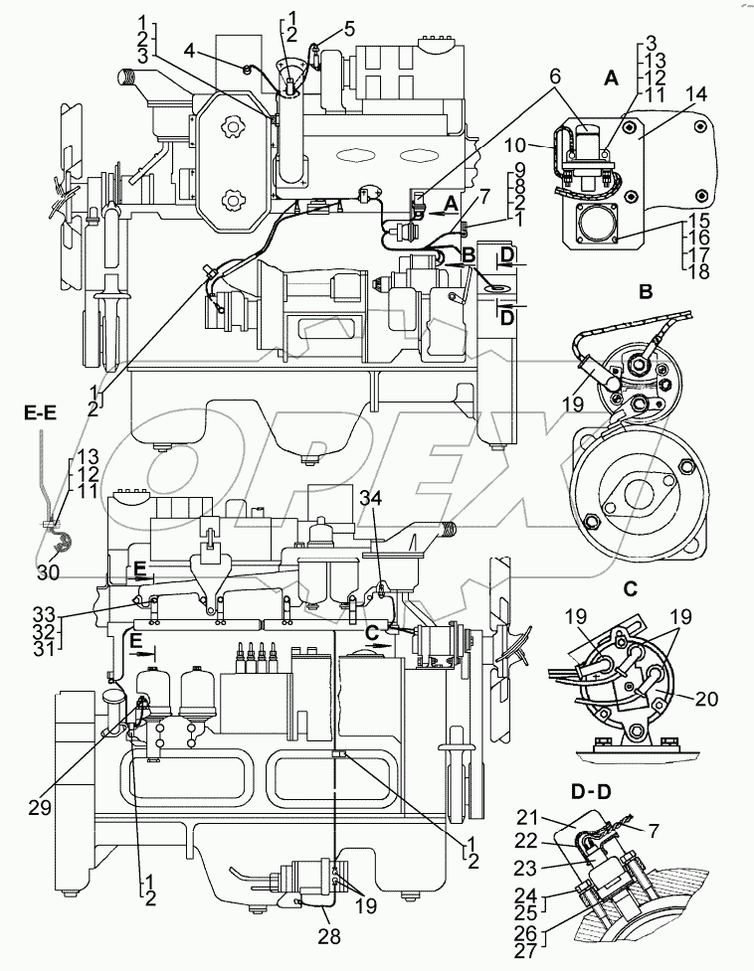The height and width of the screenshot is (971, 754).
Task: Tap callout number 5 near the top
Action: (349, 28)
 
